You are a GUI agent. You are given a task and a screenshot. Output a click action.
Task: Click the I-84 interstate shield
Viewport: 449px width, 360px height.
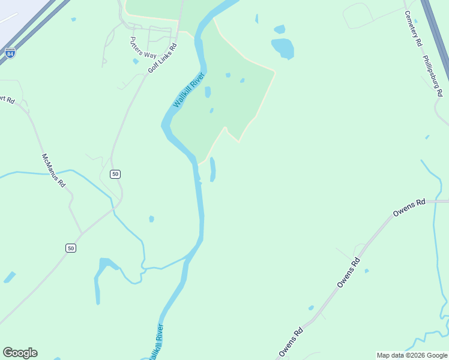10,53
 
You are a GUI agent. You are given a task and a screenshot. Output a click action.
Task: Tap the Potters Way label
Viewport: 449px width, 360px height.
142,48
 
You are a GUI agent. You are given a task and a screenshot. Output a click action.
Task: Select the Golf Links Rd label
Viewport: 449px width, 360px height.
163,58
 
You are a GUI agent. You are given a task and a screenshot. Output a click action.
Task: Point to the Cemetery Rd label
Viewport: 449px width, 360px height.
413,29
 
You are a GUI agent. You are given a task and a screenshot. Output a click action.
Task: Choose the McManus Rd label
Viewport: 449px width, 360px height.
53,170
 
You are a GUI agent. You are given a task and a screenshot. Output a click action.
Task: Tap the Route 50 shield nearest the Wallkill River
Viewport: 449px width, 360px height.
115,174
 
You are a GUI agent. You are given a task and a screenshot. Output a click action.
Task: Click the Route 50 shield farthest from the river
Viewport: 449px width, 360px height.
71,248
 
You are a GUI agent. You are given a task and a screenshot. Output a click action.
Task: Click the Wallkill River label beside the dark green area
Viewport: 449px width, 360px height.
189,90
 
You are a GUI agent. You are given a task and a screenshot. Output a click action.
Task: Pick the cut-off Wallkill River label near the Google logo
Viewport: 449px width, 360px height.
157,342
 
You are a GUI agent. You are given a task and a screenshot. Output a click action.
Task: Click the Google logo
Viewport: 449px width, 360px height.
20,352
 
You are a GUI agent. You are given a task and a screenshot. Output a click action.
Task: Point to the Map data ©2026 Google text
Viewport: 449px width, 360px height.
412,355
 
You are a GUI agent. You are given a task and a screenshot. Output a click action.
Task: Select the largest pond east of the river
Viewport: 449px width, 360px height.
283,48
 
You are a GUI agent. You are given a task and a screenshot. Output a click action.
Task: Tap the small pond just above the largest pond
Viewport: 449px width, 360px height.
279,29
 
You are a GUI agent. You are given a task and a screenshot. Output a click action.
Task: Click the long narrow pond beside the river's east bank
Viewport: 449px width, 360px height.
212,169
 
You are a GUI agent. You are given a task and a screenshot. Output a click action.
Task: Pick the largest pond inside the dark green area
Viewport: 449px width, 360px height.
208,92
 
